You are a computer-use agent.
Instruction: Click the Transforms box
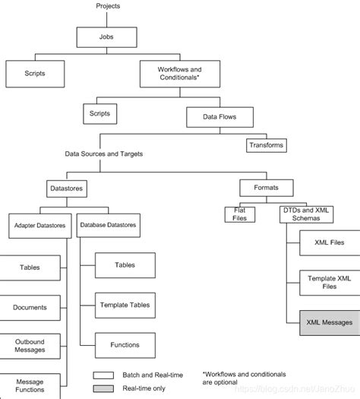267,144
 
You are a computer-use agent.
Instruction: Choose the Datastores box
61,185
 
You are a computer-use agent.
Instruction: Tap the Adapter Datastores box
41,226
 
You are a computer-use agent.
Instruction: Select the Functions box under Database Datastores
124,344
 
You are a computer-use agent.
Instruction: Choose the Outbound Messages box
30,346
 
